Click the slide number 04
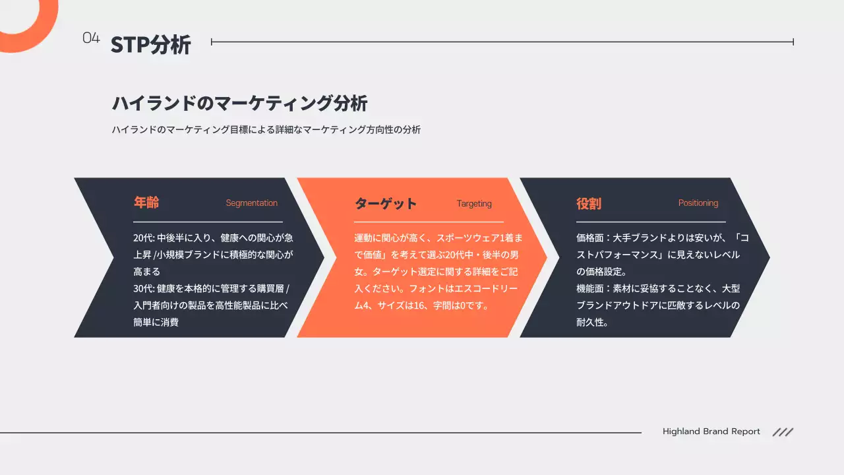coord(91,38)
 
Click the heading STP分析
coord(151,45)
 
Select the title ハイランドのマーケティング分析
coord(239,104)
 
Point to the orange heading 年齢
coord(146,203)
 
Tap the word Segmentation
coord(251,203)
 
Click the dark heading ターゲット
coord(386,203)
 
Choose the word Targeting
coord(474,204)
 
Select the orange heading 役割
coord(589,203)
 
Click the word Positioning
coord(698,203)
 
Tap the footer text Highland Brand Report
coord(711,431)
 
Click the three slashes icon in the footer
coord(783,432)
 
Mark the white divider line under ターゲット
coord(429,222)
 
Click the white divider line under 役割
coord(651,222)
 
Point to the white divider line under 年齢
coord(208,222)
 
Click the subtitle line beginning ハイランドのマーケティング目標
coord(266,130)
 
